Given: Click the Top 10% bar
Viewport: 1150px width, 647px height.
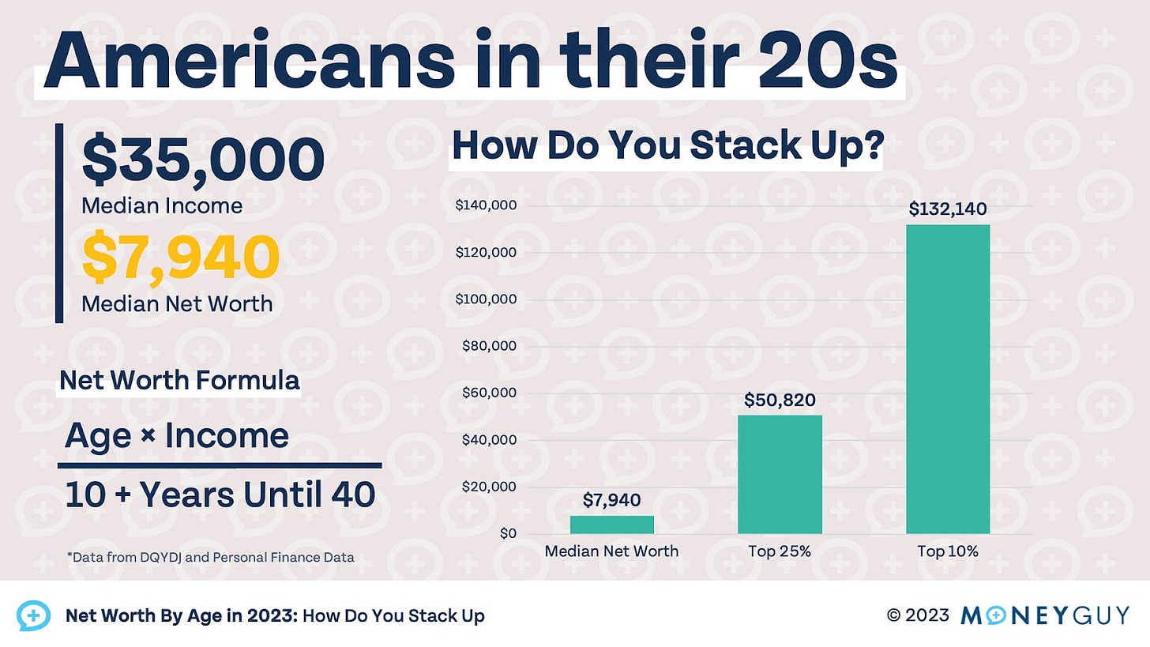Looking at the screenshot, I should point(947,379).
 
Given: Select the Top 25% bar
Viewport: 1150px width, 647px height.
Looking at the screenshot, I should point(780,474).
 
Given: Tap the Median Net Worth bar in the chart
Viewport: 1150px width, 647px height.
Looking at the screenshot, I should point(611,525).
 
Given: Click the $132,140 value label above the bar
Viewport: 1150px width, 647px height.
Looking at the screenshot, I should point(947,209).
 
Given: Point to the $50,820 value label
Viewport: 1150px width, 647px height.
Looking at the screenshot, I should point(780,400).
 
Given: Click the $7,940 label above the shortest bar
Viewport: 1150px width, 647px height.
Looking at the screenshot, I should point(611,500).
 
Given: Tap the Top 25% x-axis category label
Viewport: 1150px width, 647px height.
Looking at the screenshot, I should point(780,551).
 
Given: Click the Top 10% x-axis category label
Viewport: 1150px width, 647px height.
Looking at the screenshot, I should point(947,551).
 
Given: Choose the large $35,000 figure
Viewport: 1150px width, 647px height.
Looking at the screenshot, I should point(203,160).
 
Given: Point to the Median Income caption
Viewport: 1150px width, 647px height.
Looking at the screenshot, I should point(162,206).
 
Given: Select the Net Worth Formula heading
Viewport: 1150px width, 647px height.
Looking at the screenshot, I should point(179,381).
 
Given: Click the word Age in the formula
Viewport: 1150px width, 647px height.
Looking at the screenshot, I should point(97,436).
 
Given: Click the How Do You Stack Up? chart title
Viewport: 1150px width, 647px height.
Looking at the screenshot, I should point(666,148).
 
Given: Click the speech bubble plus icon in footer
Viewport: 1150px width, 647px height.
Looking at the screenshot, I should point(33,615).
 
